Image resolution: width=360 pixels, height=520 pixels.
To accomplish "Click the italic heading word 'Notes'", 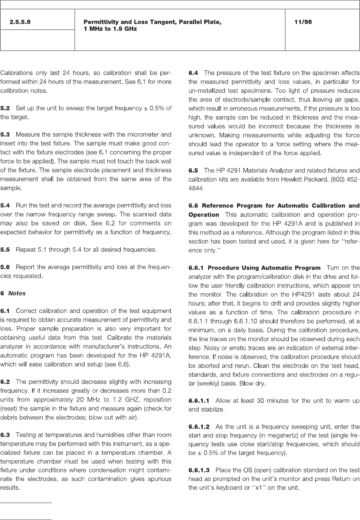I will click(17, 293).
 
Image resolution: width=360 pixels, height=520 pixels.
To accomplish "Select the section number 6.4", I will click(193, 73).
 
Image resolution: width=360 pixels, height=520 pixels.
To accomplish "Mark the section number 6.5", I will click(193, 171).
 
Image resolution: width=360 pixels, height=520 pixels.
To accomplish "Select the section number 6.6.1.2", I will click(199, 427).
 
